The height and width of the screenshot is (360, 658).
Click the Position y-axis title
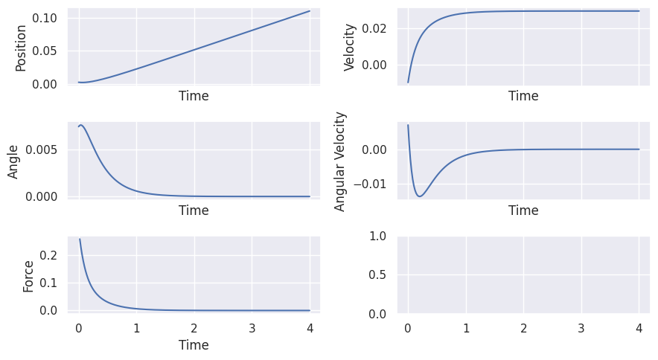[21, 48]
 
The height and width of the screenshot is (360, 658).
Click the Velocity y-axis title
[349, 48]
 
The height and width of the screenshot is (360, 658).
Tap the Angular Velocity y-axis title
[341, 161]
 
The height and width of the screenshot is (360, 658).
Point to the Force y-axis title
[28, 275]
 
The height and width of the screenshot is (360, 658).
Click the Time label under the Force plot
[194, 345]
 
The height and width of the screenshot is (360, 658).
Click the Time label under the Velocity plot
[523, 96]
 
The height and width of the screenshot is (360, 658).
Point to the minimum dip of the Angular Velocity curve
[421, 196]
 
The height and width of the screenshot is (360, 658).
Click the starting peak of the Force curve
[80, 240]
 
